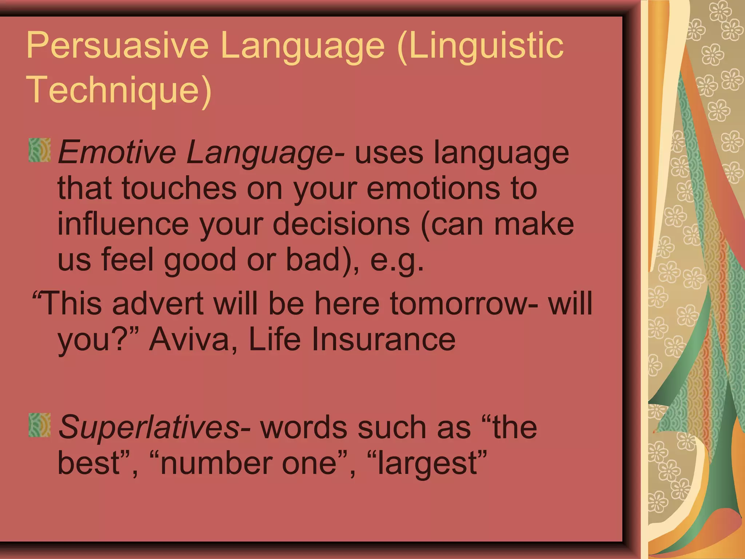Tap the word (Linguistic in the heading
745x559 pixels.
click(480, 45)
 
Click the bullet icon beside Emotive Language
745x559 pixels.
click(39, 150)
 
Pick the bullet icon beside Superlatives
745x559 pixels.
click(39, 425)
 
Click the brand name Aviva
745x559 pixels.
click(193, 339)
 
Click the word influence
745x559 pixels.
click(123, 224)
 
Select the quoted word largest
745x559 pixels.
click(427, 464)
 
